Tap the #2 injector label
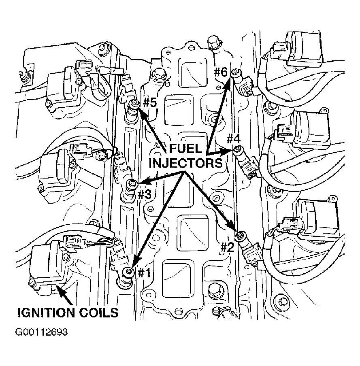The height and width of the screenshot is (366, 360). pyautogui.click(x=227, y=247)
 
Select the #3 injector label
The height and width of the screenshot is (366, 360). pyautogui.click(x=144, y=194)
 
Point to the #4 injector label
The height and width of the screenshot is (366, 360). pyautogui.click(x=234, y=139)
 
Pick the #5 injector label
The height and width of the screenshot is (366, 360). pyautogui.click(x=149, y=102)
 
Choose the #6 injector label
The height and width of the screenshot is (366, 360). pyautogui.click(x=221, y=72)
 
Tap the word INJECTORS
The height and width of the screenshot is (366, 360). pyautogui.click(x=186, y=163)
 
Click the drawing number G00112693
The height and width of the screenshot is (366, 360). pyautogui.click(x=41, y=333)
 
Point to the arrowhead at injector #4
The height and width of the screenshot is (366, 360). pyautogui.click(x=227, y=151)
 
